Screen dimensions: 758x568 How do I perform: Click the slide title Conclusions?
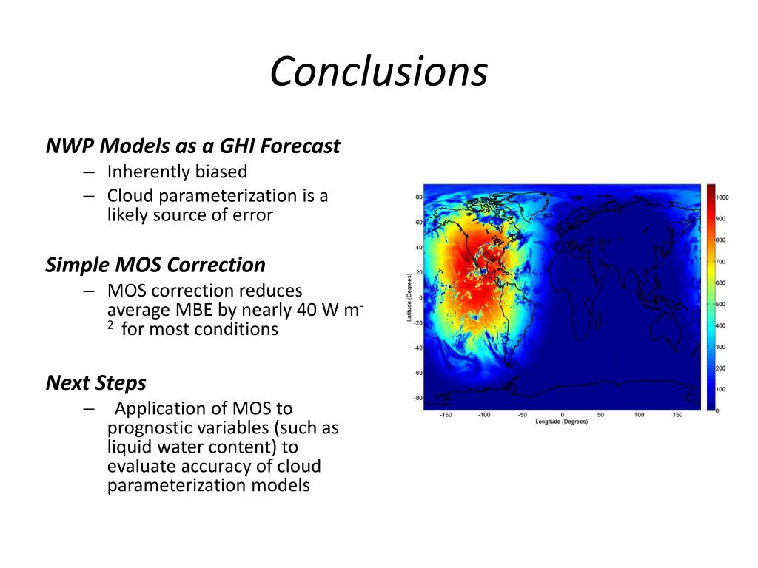tap(378, 71)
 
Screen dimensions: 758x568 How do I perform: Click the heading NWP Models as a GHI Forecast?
tap(192, 146)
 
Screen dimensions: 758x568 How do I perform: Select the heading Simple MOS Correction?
tap(155, 266)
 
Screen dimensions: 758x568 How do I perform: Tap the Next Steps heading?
tap(95, 383)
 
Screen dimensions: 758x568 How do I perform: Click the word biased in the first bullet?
tap(220, 172)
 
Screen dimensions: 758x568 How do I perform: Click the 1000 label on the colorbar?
tap(722, 197)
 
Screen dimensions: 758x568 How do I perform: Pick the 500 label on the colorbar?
tap(720, 304)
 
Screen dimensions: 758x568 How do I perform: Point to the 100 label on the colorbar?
tap(720, 389)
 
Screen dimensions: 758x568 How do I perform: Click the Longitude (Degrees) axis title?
tap(562, 422)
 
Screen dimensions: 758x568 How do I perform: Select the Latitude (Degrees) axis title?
tap(409, 297)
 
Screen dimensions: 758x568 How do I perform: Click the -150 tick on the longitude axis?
tap(446, 415)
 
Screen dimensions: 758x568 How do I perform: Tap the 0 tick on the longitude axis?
tap(563, 415)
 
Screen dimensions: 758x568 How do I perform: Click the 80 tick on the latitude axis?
tap(419, 197)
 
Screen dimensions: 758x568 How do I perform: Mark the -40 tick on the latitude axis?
tap(417, 348)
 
